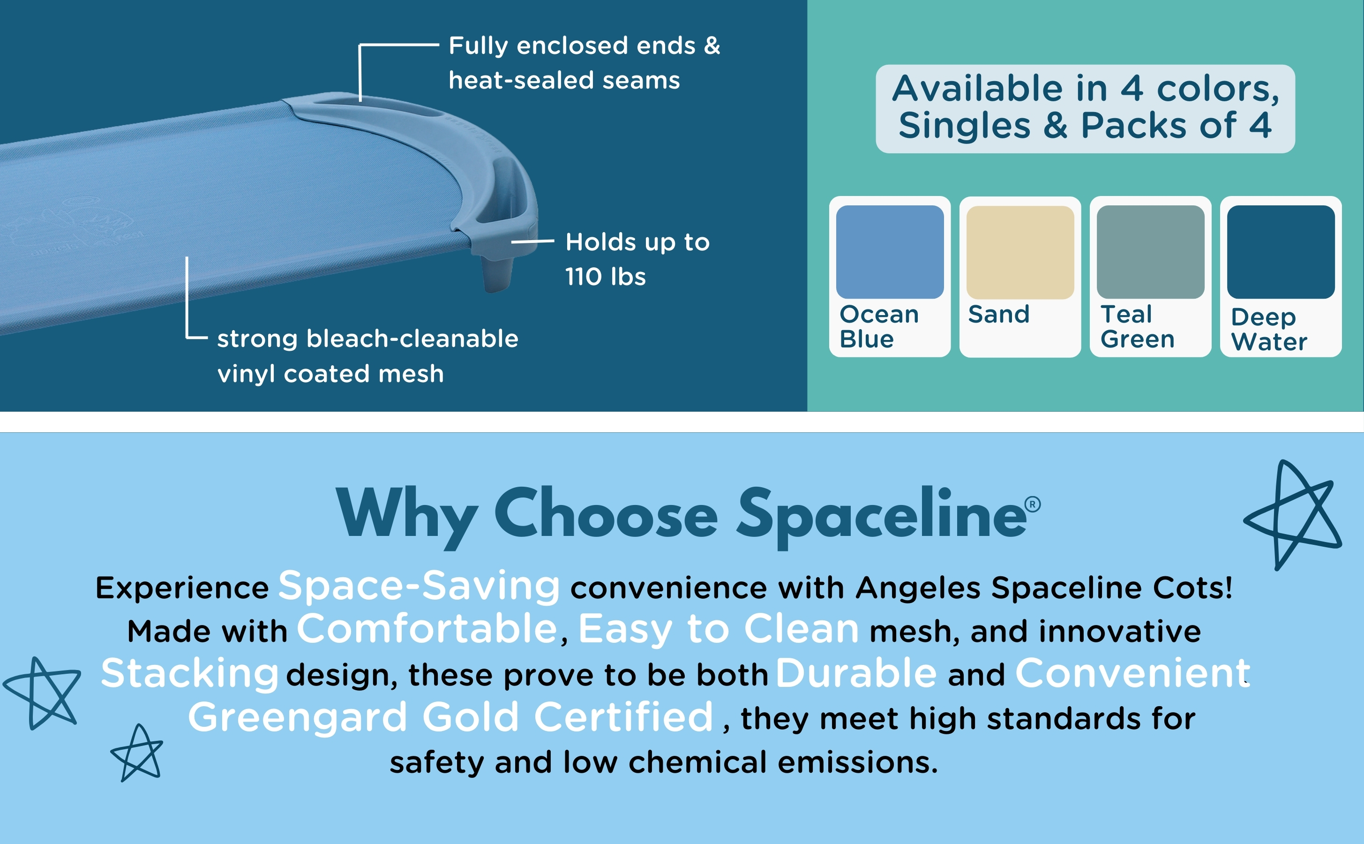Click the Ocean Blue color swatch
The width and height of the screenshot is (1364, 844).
[x=890, y=252]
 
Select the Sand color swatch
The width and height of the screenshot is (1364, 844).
[x=1020, y=252]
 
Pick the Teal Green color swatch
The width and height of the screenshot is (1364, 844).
[x=1150, y=252]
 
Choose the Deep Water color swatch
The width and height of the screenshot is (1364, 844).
[x=1281, y=252]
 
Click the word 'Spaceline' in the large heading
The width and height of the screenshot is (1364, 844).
[x=881, y=516]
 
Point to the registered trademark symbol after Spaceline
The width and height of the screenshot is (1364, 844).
[x=1033, y=505]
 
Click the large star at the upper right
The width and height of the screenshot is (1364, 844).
[x=1292, y=513]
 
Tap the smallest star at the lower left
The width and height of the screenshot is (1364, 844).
[x=137, y=753]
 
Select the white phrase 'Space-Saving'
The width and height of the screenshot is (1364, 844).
[x=419, y=586]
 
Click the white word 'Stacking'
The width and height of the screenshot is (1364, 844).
[x=190, y=674]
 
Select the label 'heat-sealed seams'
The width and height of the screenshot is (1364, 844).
[x=564, y=80]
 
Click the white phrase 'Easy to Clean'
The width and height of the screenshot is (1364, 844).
[x=719, y=630]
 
